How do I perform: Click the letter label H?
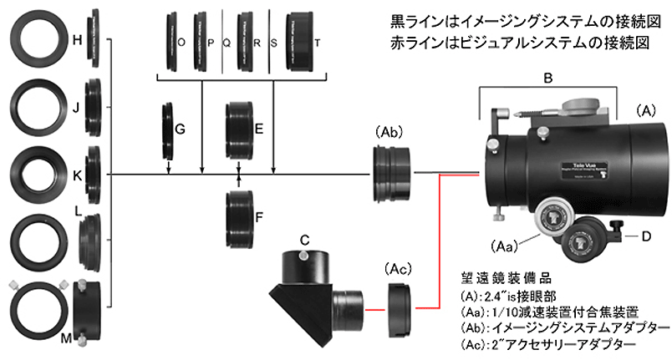(x=78, y=41)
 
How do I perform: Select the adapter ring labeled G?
(x=168, y=129)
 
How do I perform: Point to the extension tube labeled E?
(x=240, y=129)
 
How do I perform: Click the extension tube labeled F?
(x=240, y=216)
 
